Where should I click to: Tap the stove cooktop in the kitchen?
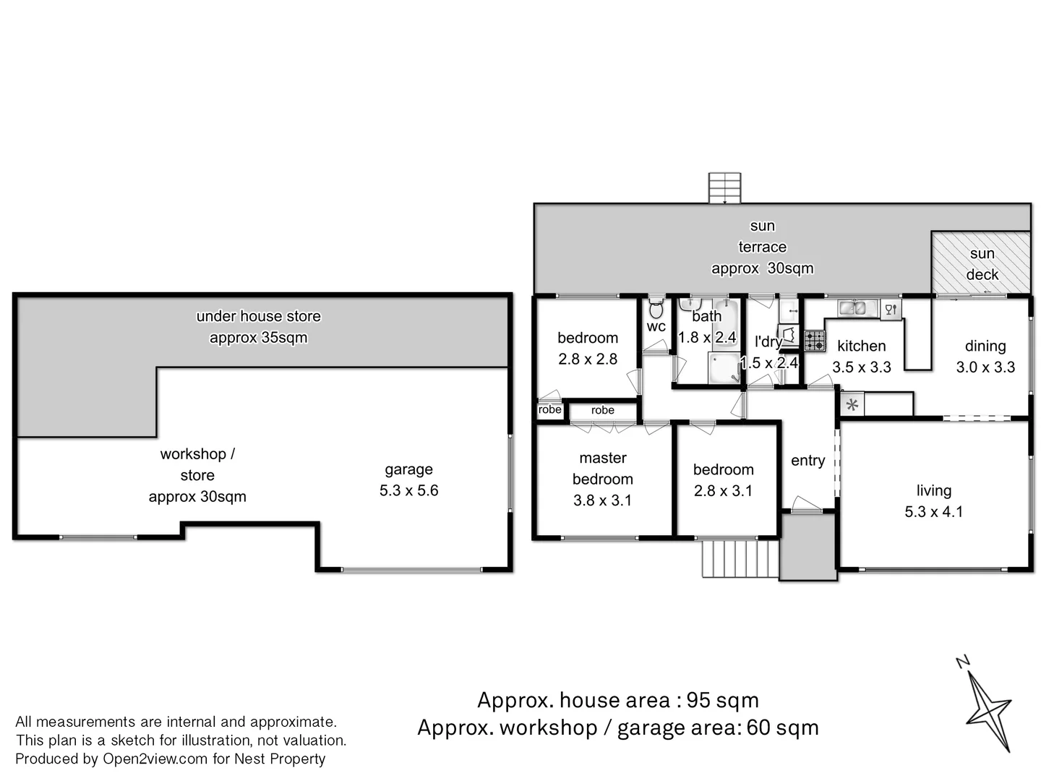814,341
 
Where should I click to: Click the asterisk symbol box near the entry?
852,404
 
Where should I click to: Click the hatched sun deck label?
982,264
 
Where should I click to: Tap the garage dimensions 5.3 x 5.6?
408,490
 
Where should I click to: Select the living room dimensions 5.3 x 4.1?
933,511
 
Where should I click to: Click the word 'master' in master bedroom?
603,458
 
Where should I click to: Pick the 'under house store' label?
259,316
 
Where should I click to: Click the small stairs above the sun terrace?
724,188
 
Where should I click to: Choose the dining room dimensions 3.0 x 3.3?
985,367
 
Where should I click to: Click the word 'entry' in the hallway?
807,461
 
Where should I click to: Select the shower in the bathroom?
724,367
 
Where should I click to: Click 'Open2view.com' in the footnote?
155,759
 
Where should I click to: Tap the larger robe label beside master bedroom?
602,410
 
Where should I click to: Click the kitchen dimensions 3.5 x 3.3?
861,367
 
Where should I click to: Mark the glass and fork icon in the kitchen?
891,310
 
